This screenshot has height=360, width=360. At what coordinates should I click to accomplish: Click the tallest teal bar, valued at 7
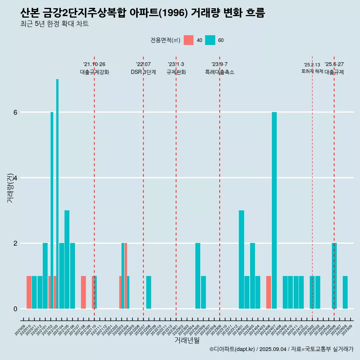[x=57, y=193]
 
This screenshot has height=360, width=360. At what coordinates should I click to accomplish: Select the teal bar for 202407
[x=274, y=210]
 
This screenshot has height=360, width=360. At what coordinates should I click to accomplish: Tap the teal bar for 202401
[x=241, y=259]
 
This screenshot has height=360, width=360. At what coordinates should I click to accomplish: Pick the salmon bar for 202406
[x=268, y=292]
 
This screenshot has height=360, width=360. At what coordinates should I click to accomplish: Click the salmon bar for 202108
[x=83, y=292]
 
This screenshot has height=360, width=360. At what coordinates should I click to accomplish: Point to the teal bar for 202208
[x=149, y=292]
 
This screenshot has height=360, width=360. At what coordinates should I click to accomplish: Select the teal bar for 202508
[x=345, y=292]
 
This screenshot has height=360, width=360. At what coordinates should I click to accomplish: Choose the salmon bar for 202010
[x=29, y=292]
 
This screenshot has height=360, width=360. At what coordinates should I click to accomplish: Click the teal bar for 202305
[x=198, y=276]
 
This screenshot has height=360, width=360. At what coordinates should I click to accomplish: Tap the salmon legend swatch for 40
[x=189, y=40]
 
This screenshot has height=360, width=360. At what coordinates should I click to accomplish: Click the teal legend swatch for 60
[x=210, y=40]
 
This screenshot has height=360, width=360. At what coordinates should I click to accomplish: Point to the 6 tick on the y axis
[x=15, y=112]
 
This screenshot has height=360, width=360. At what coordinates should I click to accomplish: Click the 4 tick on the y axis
[x=15, y=178]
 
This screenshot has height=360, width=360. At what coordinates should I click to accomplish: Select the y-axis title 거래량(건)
[x=10, y=187]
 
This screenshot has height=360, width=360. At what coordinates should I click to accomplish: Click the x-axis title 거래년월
[x=187, y=340]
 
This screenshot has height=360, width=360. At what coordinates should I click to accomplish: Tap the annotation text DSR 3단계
[x=143, y=72]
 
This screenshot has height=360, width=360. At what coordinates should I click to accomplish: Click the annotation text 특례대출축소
[x=219, y=72]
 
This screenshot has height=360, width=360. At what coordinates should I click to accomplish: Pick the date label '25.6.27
[x=334, y=64]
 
